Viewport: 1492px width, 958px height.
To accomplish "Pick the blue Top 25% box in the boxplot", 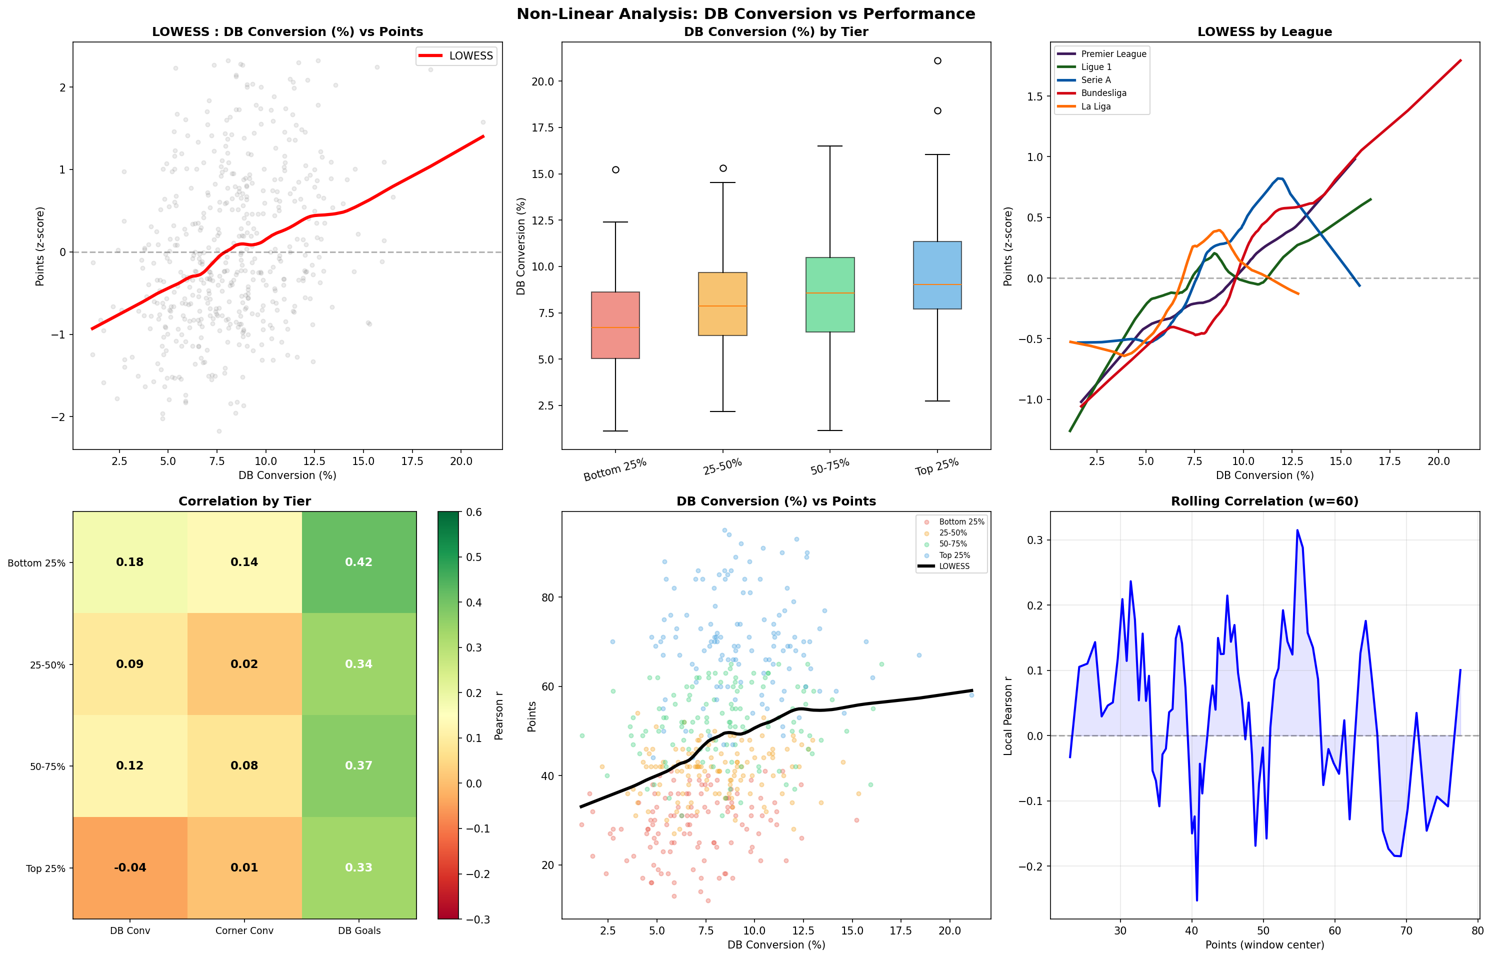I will click(936, 275).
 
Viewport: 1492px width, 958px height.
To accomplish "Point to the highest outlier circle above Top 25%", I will click(937, 61).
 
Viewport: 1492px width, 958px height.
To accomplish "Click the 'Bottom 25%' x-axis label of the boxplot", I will click(615, 469).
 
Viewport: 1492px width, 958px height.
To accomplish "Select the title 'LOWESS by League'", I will click(1264, 31).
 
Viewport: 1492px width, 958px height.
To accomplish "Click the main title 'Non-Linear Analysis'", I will click(745, 13).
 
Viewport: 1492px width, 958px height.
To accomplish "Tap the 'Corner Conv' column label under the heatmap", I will click(244, 930).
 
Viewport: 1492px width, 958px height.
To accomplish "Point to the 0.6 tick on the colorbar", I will click(474, 512).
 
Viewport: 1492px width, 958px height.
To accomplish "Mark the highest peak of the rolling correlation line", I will click(1297, 530).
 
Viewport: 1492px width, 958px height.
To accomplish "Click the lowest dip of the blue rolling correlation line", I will click(1196, 899).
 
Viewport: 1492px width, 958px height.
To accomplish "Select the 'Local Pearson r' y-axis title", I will click(1008, 715).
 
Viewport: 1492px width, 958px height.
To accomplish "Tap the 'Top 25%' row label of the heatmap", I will click(45, 868).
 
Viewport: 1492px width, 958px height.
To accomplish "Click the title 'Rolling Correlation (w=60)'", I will click(1264, 501).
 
